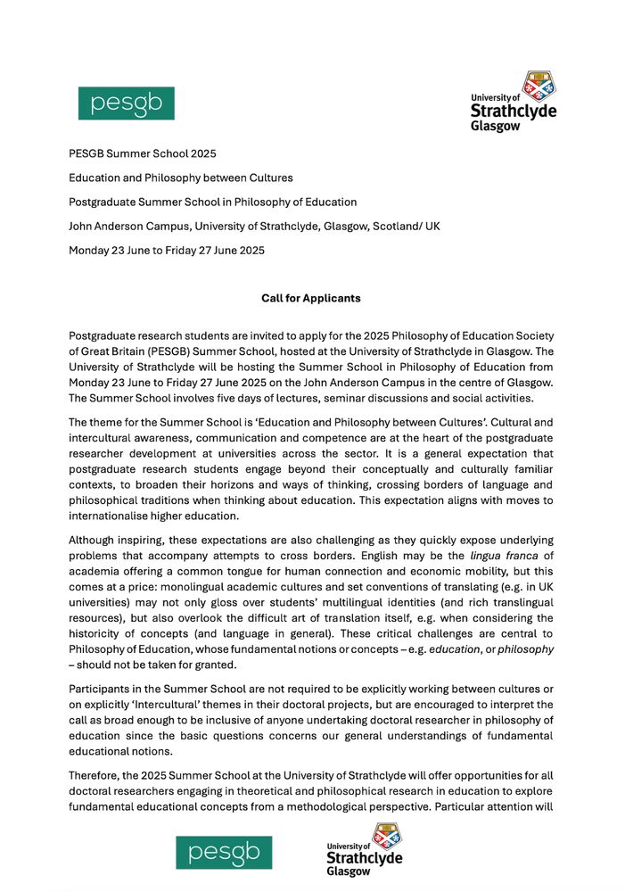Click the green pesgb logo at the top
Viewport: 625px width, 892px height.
coord(126,103)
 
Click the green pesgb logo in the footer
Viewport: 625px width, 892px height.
coord(224,852)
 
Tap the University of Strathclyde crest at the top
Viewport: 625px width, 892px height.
coord(538,87)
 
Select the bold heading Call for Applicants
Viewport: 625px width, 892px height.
coord(311,297)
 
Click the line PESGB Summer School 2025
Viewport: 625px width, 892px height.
coord(143,153)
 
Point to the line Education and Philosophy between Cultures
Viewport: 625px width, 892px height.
coord(181,178)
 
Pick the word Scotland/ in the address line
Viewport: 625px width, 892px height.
coord(393,226)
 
